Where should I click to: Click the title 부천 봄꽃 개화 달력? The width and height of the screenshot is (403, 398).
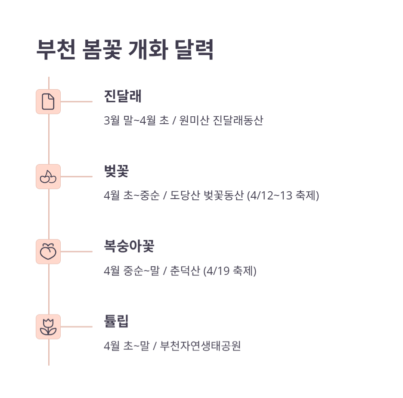tap(125, 50)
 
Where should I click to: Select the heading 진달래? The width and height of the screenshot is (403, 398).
tap(123, 96)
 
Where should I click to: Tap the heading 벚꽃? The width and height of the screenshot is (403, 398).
tap(116, 171)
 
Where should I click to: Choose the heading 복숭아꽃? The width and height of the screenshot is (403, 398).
tap(129, 246)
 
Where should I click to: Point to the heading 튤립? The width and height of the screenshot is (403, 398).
tap(116, 321)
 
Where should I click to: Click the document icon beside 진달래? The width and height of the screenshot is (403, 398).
tap(48, 102)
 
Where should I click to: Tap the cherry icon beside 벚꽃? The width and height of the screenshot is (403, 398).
tap(48, 177)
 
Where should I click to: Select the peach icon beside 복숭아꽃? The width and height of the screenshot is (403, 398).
tap(48, 252)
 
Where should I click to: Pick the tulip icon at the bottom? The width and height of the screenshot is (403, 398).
tap(48, 327)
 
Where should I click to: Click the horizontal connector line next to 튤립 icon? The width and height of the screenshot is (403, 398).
tap(76, 327)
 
